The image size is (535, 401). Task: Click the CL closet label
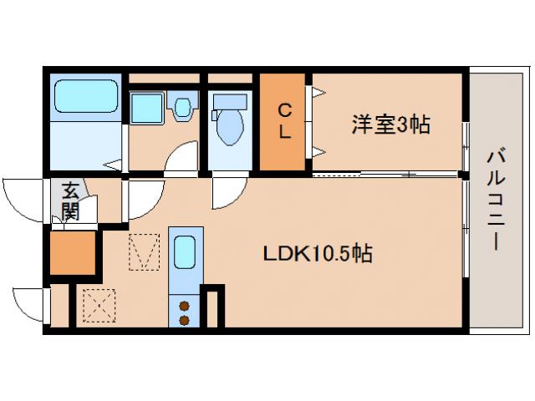point(284,120)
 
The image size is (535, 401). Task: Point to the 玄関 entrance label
point(69,200)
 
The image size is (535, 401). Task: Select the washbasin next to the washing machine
point(182,107)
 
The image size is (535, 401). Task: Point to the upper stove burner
point(183,306)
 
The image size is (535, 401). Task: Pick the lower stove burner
point(183,319)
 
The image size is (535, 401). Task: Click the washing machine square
point(148,108)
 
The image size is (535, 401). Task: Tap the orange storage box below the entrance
point(74,253)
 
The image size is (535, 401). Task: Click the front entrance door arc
point(23,198)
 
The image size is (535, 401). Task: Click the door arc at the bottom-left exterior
point(29,303)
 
